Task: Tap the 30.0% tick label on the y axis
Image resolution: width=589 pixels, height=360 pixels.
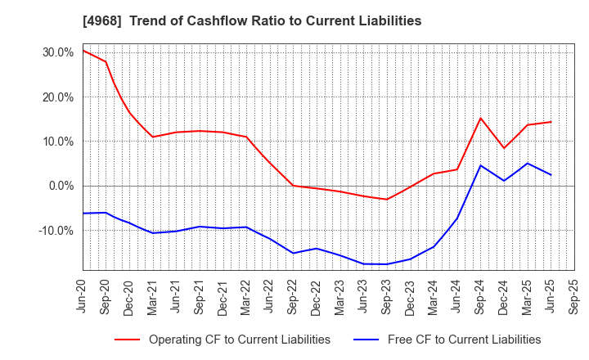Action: click(57, 52)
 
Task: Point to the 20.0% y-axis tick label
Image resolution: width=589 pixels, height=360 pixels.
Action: click(57, 97)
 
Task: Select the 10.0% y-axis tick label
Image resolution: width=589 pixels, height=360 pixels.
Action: click(57, 142)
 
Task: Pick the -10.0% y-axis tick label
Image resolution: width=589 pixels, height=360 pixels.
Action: click(56, 231)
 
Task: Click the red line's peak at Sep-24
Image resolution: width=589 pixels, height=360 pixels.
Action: click(481, 118)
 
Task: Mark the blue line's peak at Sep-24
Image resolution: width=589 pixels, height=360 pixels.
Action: click(481, 165)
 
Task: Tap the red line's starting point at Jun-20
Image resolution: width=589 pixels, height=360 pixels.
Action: click(83, 51)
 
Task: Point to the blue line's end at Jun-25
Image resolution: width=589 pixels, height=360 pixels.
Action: click(551, 174)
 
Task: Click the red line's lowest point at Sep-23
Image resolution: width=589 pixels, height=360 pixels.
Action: click(387, 199)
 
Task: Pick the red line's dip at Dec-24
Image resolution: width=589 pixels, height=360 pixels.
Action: click(504, 148)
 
